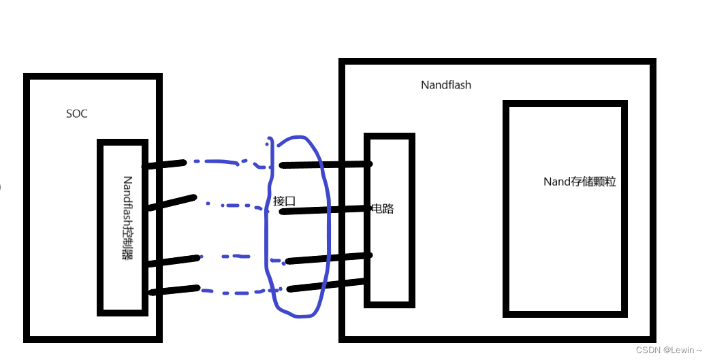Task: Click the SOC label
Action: pyautogui.click(x=77, y=114)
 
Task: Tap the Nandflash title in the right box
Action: pyautogui.click(x=446, y=85)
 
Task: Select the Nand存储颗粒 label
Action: pyautogui.click(x=580, y=182)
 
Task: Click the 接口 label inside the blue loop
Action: pyautogui.click(x=284, y=201)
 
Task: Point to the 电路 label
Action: pyautogui.click(x=383, y=208)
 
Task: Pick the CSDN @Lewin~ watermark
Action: pyautogui.click(x=669, y=350)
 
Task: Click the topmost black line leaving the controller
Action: pyautogui.click(x=163, y=164)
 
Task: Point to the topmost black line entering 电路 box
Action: pyautogui.click(x=326, y=164)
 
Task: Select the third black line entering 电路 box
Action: pyautogui.click(x=330, y=259)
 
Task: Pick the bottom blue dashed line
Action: pyautogui.click(x=232, y=292)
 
